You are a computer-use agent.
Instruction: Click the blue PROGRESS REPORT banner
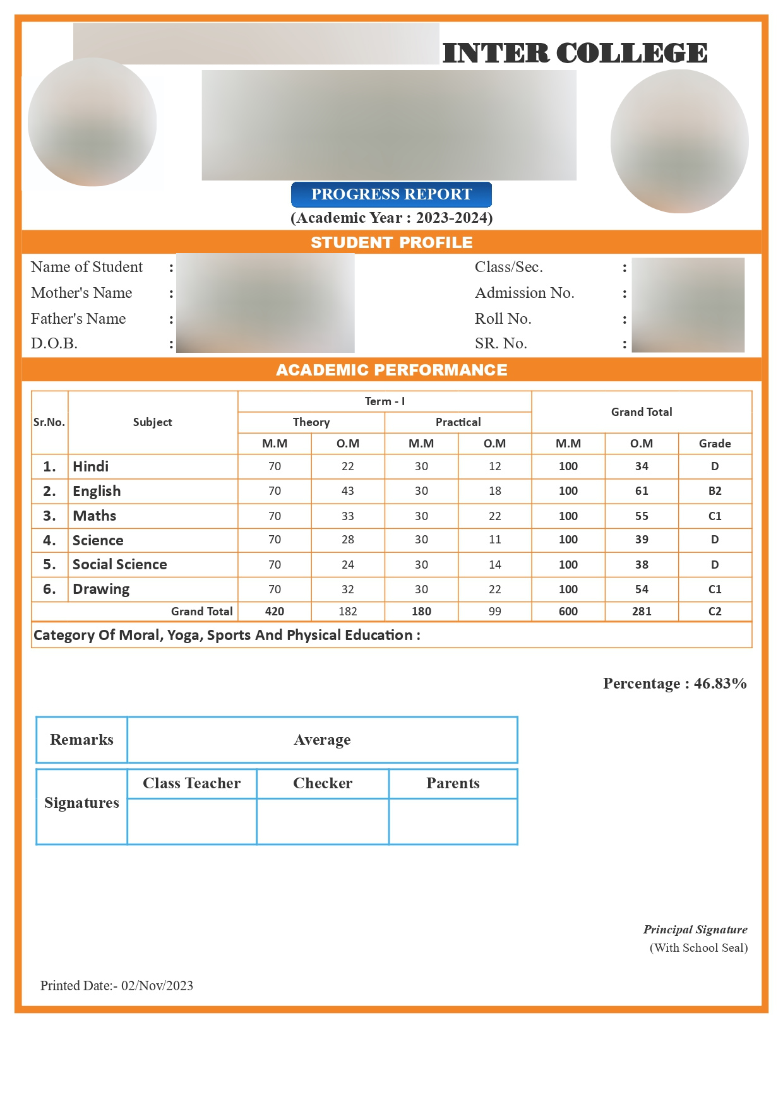391,194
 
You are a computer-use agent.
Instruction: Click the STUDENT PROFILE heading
391,242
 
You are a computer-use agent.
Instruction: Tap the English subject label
97,491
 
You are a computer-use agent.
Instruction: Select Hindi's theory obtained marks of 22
348,466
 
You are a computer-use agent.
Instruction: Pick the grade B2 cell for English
715,491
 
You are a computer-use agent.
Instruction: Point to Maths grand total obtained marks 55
642,516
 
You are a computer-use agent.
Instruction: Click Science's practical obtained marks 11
494,540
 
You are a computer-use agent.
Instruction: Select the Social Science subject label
120,564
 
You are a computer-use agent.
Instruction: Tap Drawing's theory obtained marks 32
348,589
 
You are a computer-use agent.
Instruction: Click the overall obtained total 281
642,612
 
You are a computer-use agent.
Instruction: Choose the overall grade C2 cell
715,612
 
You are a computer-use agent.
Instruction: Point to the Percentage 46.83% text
674,684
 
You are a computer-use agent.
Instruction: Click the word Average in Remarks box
322,740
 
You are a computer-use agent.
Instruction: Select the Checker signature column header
323,783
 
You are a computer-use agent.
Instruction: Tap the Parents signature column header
453,783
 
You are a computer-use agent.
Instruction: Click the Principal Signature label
695,930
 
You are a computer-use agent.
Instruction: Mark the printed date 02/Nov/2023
157,986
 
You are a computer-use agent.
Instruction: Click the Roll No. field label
503,319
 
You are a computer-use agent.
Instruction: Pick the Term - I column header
385,401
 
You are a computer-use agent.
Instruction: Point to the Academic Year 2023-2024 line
391,218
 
